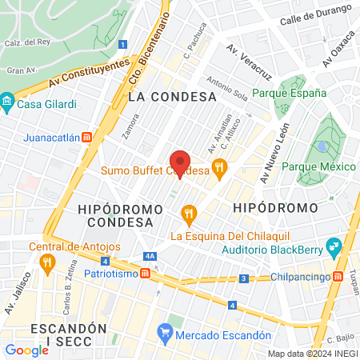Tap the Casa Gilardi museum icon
7,103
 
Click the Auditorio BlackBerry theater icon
334,246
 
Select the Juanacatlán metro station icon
86,137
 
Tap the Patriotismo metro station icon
146,274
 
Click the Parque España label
290,94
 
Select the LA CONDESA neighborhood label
171,97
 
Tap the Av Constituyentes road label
88,73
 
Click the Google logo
27,350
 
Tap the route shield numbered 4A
150,256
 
